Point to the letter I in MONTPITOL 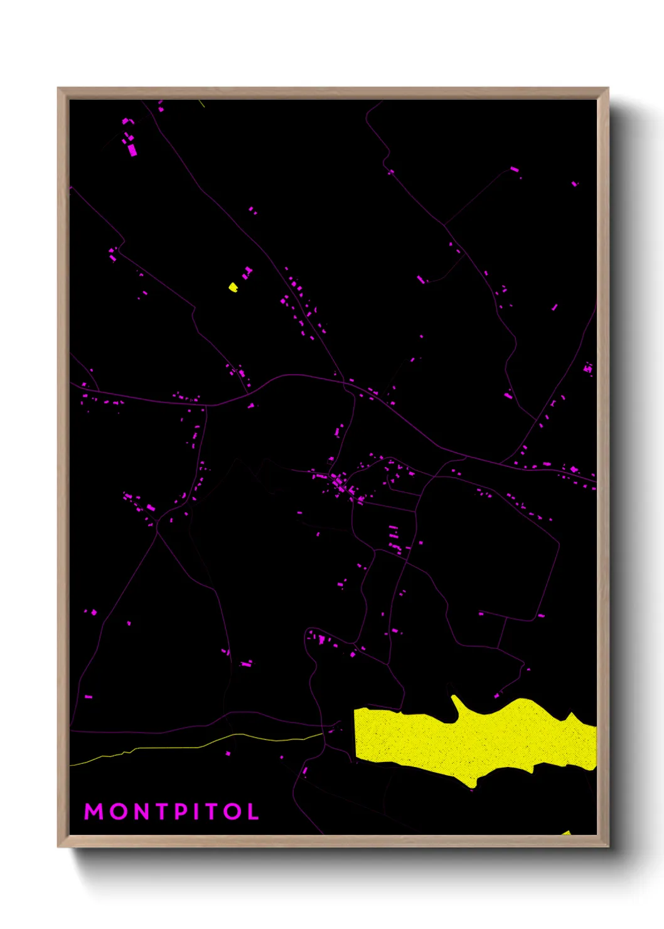pos(196,812)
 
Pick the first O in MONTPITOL pos(117,812)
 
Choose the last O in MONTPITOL pos(232,812)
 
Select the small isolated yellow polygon pos(233,287)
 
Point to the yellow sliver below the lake pos(566,833)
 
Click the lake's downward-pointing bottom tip pos(473,783)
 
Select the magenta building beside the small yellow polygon pos(247,273)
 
